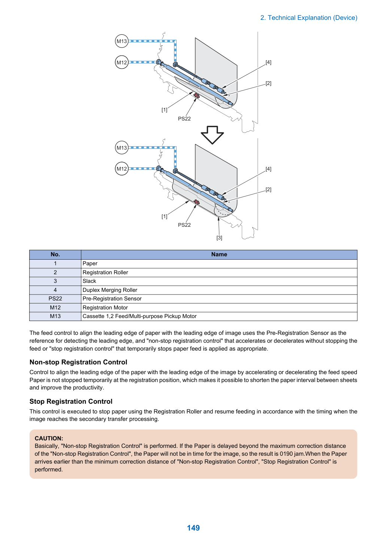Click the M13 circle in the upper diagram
click(122, 41)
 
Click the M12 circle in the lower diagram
click(122, 168)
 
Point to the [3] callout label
click(219, 238)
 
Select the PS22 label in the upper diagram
click(184, 119)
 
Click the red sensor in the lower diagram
click(196, 202)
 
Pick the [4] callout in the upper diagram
click(268, 62)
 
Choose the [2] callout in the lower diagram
click(268, 189)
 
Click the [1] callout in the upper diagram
click(164, 110)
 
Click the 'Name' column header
click(219, 254)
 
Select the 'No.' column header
click(55, 254)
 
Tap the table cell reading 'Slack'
click(219, 281)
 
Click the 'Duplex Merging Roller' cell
click(219, 290)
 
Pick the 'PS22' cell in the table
click(55, 299)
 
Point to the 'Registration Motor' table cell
click(219, 308)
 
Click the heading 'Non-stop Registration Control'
click(78, 362)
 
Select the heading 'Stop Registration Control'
click(71, 401)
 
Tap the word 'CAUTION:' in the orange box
click(49, 438)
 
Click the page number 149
click(193, 528)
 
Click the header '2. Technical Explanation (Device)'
click(309, 18)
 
